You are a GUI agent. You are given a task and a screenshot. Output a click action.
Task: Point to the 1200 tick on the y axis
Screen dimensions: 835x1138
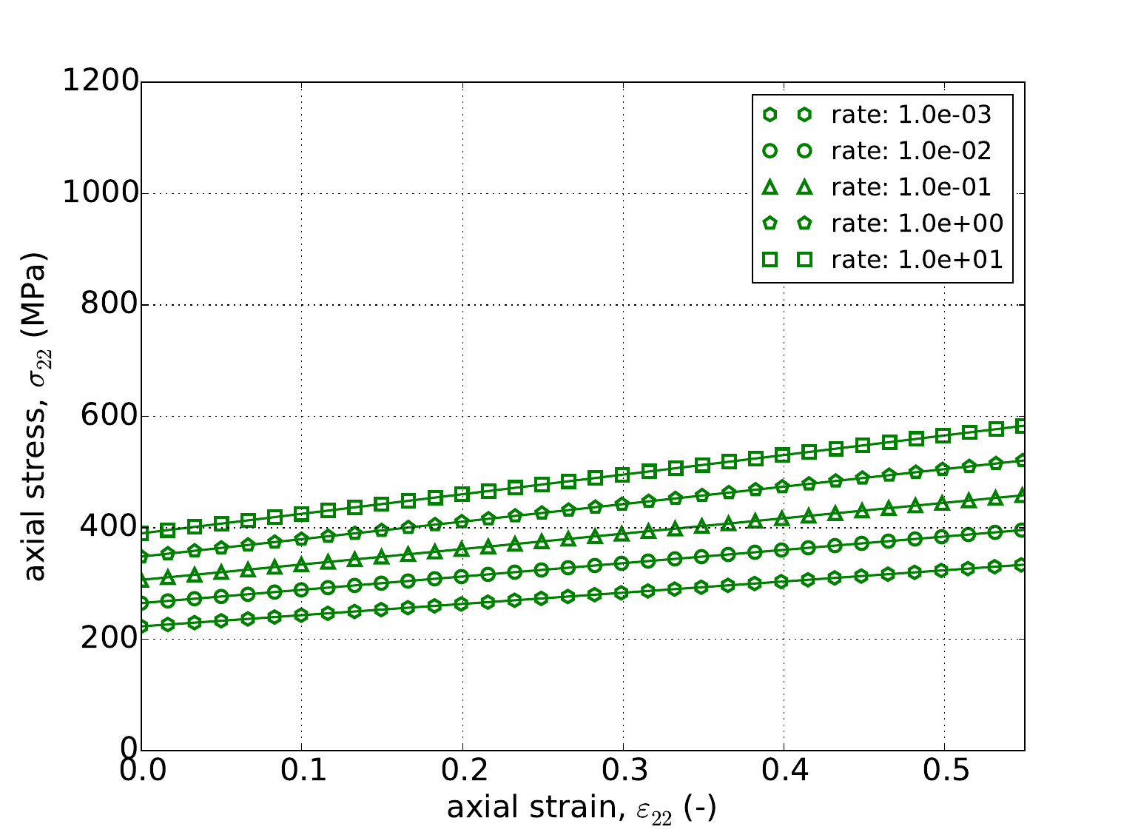(x=101, y=81)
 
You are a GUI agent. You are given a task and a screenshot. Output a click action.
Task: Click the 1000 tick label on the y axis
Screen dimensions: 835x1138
(x=101, y=193)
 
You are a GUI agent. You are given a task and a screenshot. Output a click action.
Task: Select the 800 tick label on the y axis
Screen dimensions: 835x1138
(x=109, y=305)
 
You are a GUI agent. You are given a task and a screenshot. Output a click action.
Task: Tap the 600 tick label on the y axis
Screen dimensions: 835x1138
(x=109, y=416)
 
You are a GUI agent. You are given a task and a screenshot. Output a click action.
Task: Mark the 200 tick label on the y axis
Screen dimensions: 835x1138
(x=109, y=639)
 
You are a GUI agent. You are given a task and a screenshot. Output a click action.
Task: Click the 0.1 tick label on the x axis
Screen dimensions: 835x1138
(x=301, y=773)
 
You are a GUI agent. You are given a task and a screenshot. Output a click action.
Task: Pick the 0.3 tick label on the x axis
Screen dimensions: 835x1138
(x=623, y=773)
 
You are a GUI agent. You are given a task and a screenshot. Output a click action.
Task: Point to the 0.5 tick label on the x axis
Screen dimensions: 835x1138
(x=944, y=773)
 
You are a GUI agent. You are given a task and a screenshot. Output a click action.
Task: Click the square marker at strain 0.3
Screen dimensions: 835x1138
(x=622, y=474)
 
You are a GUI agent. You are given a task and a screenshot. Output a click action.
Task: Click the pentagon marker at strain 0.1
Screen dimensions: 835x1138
(x=301, y=539)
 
